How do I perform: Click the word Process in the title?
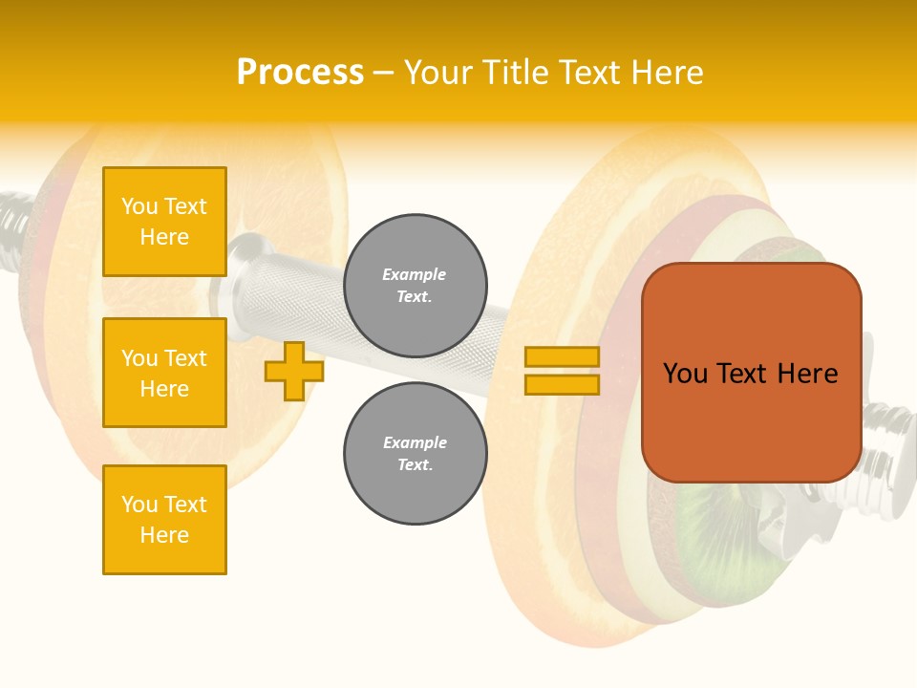300,73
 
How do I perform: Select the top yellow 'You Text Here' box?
164,222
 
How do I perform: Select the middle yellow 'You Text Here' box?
164,373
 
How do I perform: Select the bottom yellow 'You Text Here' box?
164,520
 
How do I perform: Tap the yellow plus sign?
293,371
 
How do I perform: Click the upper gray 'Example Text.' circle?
415,286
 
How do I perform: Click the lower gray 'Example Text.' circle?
415,454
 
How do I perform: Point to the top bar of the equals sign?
562,356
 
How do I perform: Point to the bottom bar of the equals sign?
562,384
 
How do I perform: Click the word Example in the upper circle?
415,274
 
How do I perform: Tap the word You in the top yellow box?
139,206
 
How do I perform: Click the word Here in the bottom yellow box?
164,535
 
